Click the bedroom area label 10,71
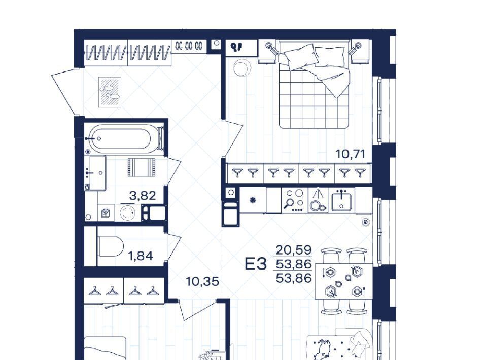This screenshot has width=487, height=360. [x=351, y=154]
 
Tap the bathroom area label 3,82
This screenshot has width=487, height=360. [x=142, y=196]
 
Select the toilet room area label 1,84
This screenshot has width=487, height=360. [x=141, y=256]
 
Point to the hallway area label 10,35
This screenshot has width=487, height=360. [x=202, y=282]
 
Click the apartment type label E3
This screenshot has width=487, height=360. [x=256, y=264]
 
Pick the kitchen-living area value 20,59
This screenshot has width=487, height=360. [x=294, y=249]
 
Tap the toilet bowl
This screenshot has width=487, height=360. [x=110, y=246]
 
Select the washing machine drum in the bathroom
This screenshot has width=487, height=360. [x=127, y=213]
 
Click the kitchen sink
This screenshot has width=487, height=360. [x=341, y=201]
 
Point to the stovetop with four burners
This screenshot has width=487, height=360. [x=294, y=200]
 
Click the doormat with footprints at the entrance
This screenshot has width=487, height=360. [x=110, y=92]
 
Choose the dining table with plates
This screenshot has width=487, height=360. [x=344, y=281]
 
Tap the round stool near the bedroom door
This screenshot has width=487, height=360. [x=242, y=67]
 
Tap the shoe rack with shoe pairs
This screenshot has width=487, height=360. [x=189, y=46]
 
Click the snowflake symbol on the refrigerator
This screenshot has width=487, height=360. [x=253, y=200]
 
